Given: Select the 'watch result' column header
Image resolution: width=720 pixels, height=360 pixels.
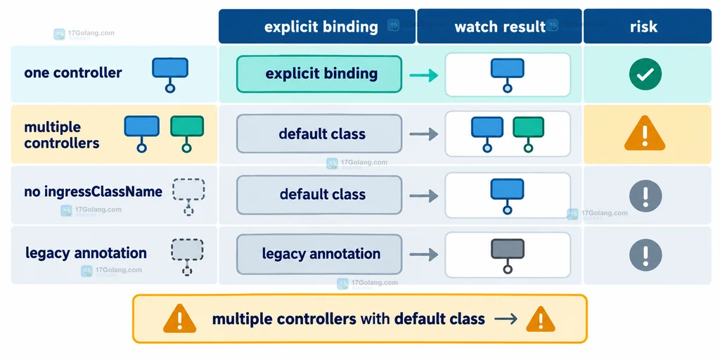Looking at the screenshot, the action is (499, 26).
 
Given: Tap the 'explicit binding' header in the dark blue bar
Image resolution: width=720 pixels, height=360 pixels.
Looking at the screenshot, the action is (321, 27).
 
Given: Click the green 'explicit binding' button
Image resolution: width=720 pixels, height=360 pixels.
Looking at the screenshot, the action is (319, 74).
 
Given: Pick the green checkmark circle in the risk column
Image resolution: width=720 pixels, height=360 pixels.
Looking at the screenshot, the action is (645, 74).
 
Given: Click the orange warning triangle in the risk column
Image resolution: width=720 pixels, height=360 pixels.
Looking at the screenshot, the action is (645, 134).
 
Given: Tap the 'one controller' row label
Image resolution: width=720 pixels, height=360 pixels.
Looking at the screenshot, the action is (73, 72).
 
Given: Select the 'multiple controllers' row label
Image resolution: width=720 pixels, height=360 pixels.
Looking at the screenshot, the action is (62, 135).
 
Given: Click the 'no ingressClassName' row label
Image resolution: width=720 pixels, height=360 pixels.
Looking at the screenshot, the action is (94, 191).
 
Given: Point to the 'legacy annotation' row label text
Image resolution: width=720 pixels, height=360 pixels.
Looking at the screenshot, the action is (86, 252).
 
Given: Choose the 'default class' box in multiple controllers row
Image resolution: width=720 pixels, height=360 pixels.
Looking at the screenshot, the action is (319, 134).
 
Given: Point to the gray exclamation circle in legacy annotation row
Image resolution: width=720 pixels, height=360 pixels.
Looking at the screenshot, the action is (645, 255).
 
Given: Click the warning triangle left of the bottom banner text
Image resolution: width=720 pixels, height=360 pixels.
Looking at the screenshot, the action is (179, 319).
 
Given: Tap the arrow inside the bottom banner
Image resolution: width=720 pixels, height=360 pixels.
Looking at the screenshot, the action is (506, 319).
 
